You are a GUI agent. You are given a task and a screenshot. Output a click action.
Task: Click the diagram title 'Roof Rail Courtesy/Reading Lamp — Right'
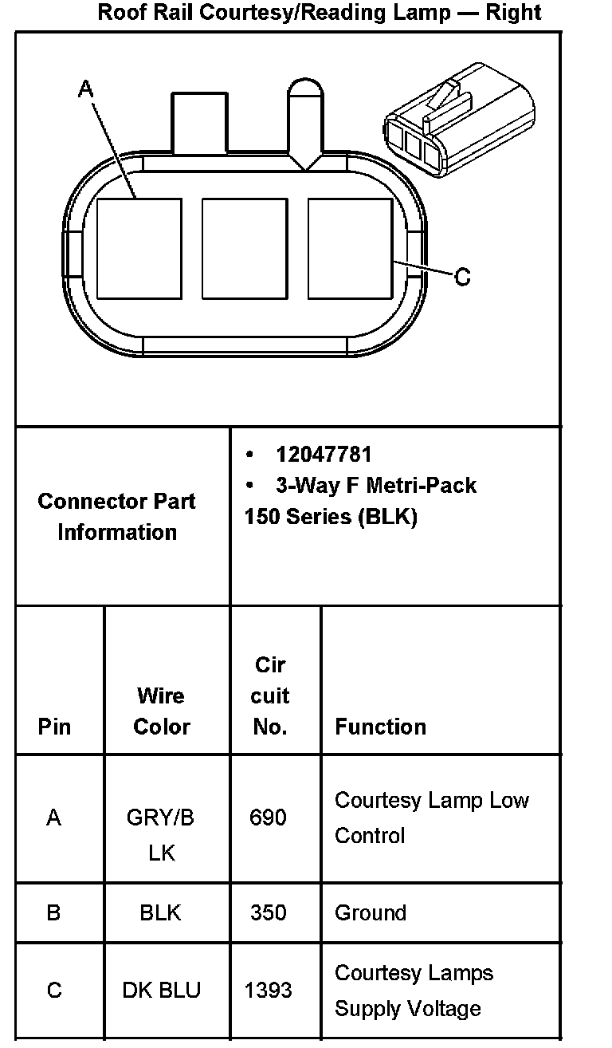click(x=319, y=13)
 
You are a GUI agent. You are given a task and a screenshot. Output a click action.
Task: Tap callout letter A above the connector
click(x=85, y=90)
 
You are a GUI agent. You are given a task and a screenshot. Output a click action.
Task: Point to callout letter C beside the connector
click(x=462, y=278)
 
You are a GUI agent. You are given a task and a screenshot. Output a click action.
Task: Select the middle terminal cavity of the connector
click(x=245, y=249)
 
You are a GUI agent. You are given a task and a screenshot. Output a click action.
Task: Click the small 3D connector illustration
click(x=457, y=120)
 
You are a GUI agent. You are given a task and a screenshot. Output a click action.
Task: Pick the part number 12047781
click(x=324, y=455)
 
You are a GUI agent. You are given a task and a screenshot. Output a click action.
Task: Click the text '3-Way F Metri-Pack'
click(x=375, y=485)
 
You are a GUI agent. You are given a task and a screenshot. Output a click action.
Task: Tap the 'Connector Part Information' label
click(x=117, y=517)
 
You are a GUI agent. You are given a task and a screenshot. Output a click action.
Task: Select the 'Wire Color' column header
click(x=162, y=711)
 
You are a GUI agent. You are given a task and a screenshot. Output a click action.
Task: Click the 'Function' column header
click(x=380, y=727)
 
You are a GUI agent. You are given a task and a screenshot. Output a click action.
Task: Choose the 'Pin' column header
click(x=54, y=727)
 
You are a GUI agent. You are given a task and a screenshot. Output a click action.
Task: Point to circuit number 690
click(x=268, y=818)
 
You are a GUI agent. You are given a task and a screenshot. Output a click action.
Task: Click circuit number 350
click(x=268, y=912)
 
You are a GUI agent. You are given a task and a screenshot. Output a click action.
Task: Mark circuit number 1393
click(x=268, y=991)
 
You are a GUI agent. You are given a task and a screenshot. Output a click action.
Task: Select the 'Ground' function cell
click(x=371, y=912)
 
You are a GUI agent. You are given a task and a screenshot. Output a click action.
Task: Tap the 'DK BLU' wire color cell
click(x=161, y=991)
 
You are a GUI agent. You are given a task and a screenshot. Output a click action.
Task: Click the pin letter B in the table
click(x=53, y=912)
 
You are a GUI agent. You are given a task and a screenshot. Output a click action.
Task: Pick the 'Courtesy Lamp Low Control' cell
click(x=431, y=818)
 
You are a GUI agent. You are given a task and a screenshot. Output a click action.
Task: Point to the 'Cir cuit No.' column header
click(x=269, y=695)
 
